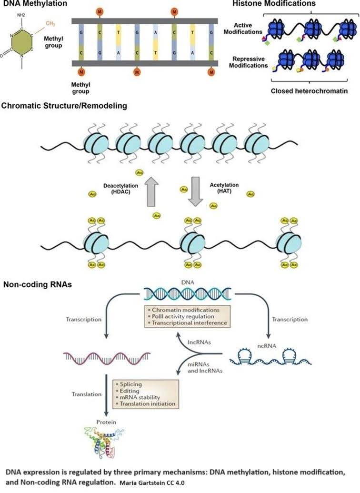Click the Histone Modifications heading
(x=274, y=4)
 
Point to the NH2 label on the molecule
(x=21, y=15)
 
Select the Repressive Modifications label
(x=249, y=62)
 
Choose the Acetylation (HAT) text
(x=224, y=188)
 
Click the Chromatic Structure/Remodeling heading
(x=65, y=106)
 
